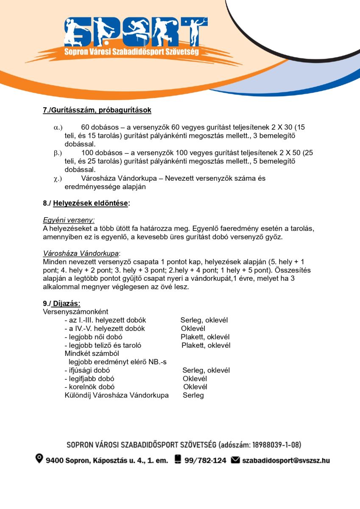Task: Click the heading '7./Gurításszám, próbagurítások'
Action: point(97,110)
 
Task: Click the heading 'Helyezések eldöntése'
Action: point(91,204)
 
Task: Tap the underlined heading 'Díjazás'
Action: point(66,304)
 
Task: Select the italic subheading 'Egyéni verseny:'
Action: point(69,220)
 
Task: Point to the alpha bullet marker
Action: point(58,127)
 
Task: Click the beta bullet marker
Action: point(58,153)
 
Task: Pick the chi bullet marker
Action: point(58,179)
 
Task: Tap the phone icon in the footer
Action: point(178,459)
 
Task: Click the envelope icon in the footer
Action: point(235,460)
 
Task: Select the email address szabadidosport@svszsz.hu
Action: point(286,460)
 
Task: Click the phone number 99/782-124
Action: point(205,460)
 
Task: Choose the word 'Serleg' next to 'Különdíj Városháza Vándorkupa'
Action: point(193,395)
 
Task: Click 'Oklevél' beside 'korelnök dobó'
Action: point(195,387)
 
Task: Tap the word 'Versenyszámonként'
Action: point(75,312)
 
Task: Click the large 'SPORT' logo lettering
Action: point(136,32)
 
